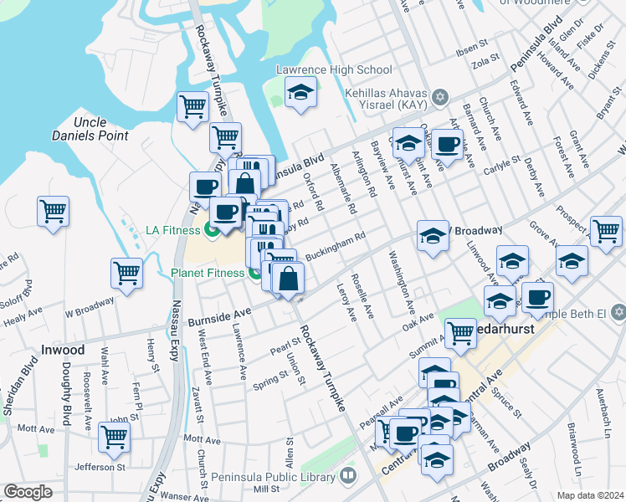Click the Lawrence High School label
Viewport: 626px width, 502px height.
(339, 69)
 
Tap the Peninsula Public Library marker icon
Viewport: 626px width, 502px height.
(348, 476)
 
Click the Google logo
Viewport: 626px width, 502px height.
(28, 492)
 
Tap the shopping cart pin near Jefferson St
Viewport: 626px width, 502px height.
(114, 436)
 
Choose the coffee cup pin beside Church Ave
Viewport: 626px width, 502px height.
(447, 144)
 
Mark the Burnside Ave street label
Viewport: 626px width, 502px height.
(218, 318)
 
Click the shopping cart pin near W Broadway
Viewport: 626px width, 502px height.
(126, 273)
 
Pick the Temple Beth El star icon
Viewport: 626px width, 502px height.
(618, 312)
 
